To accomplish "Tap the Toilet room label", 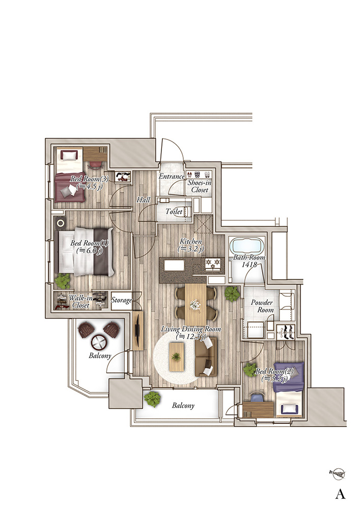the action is tap(174, 212).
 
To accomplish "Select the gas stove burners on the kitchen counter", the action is tap(213, 263).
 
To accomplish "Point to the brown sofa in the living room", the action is tap(206, 356).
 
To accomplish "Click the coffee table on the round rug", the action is tap(177, 357).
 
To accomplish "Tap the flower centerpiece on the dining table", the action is tap(195, 305).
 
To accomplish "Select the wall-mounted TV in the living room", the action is tap(137, 330).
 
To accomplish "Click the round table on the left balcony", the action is tap(99, 342).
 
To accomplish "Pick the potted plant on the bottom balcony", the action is tap(152, 399).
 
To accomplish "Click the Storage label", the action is tap(121, 300).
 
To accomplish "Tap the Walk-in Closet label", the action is tap(80, 301).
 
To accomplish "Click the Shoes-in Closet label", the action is tap(199, 186).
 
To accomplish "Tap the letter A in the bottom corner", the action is tap(340, 494).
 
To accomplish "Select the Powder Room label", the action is tap(262, 306).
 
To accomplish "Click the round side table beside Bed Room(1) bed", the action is tap(61, 223).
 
